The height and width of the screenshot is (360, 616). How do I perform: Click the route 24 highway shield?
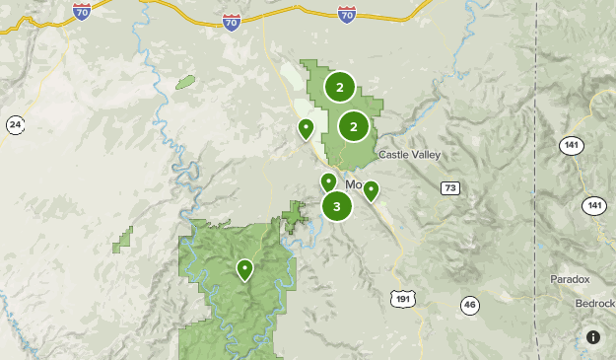click(x=15, y=124)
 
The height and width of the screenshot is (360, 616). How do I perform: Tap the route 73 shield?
click(x=450, y=187)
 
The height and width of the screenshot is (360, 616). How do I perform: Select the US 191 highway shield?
click(x=401, y=298)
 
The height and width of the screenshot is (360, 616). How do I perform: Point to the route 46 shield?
click(x=469, y=305)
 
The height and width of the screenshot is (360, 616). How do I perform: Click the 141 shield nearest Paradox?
click(x=593, y=205)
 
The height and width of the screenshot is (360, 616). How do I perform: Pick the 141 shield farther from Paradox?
click(x=571, y=145)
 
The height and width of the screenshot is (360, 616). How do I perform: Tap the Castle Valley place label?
click(x=410, y=155)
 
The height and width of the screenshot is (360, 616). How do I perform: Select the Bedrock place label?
click(x=595, y=303)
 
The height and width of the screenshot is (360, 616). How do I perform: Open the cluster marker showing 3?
click(x=337, y=206)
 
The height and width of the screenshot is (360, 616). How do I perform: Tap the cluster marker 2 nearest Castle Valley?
click(x=354, y=126)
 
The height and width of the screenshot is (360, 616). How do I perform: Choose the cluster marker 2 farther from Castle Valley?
click(x=340, y=88)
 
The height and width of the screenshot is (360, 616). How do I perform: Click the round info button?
click(x=593, y=337)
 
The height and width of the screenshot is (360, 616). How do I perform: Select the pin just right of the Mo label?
click(x=371, y=190)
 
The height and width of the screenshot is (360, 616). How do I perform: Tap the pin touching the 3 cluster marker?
click(x=328, y=181)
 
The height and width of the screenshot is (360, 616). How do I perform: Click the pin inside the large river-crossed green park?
click(x=244, y=268)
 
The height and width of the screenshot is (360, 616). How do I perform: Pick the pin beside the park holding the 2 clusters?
click(x=306, y=127)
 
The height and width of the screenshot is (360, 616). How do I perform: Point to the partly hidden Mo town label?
click(x=352, y=184)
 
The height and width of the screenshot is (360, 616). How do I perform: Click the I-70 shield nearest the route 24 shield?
click(x=82, y=11)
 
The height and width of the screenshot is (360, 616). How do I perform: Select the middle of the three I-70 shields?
click(x=231, y=22)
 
